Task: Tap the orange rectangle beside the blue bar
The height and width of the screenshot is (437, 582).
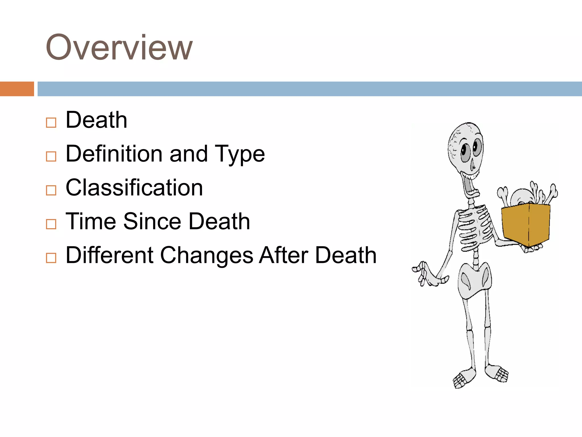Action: coord(17,89)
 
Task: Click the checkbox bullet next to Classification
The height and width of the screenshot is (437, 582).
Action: coord(51,190)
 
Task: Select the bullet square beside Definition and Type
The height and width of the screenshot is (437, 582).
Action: coord(51,156)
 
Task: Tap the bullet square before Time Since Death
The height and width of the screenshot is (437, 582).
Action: coord(51,224)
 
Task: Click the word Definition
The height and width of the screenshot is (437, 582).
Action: coord(115,154)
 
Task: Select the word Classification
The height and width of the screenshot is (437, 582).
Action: coord(134,187)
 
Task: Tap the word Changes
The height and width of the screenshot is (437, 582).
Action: coord(207,255)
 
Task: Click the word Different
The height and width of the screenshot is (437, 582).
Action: coord(110,255)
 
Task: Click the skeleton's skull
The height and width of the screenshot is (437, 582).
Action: coord(465,148)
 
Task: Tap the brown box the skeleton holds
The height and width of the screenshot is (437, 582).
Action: coord(526,225)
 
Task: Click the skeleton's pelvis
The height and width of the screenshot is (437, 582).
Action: coord(474,280)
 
